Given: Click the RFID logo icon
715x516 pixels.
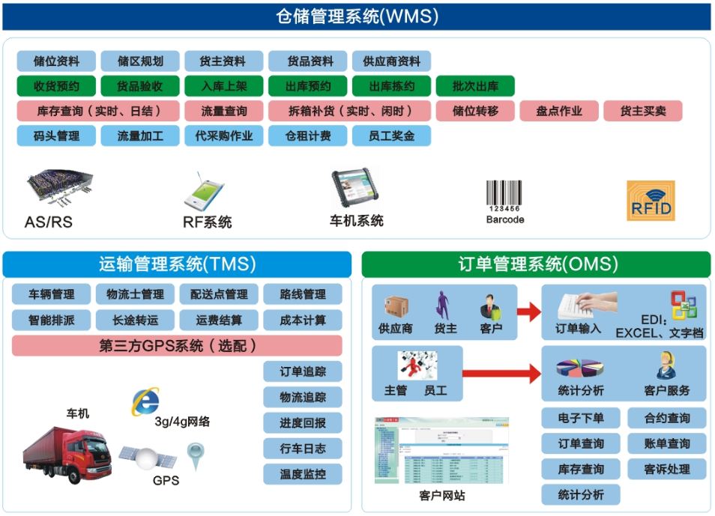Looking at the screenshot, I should pos(651,201).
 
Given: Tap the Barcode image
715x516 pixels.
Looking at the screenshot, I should pos(504,196).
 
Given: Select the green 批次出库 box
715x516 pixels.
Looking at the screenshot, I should pos(475,86).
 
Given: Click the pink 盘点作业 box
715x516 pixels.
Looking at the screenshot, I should pos(559,112).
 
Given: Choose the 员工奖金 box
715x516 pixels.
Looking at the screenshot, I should pos(391,136).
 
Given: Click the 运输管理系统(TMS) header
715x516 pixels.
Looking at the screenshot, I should pos(177,264).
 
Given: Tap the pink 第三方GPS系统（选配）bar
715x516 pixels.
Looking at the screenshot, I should pos(177,345).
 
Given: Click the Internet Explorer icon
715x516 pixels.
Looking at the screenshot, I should pos(145,402).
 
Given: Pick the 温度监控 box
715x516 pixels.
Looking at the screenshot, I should pos(303,474).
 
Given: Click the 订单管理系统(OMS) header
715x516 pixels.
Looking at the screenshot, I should pos(537,264).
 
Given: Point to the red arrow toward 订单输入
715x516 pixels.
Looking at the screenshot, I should pos(529,311).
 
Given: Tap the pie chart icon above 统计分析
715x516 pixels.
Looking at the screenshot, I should pos(579,368).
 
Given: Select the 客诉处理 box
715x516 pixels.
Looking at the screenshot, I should pos(667,470).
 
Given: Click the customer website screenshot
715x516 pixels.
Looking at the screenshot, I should pos(441,450).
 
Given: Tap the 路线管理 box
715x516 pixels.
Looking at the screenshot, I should pos(303,294).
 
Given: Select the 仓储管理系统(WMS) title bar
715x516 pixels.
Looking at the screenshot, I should pos(357,16).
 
